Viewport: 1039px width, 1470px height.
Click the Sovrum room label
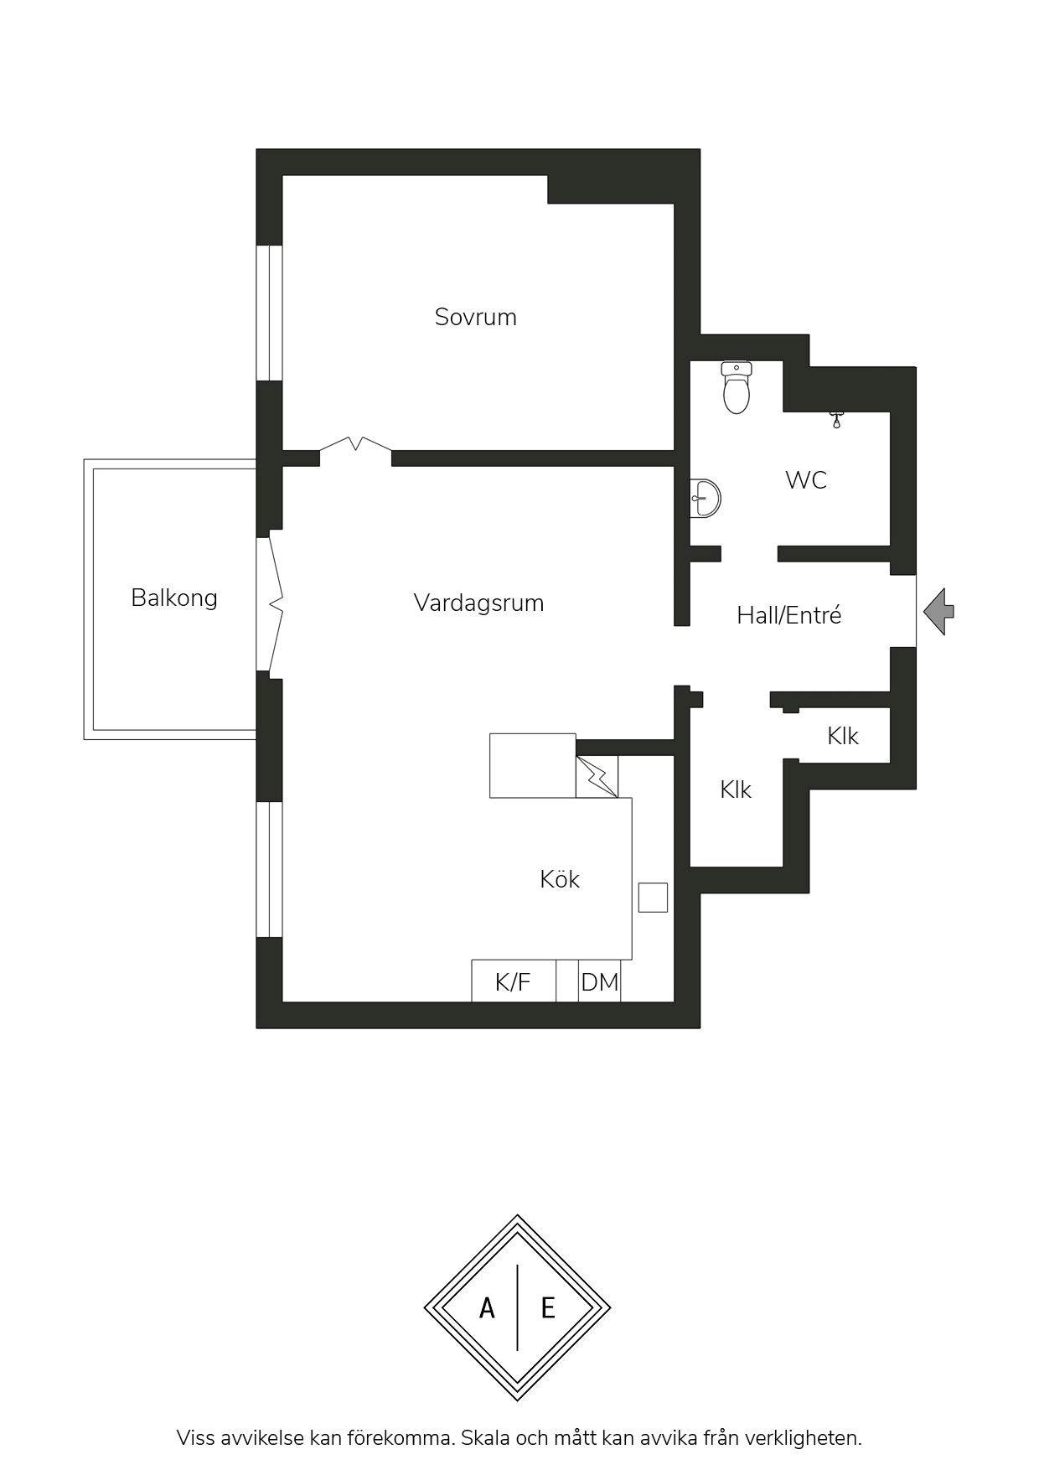pos(475,317)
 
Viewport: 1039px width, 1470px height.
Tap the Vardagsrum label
pos(478,603)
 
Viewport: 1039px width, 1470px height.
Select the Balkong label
pos(174,598)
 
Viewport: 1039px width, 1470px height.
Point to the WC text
pos(806,480)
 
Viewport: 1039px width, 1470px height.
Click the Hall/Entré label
pos(788,615)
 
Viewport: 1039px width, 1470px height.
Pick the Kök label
pos(560,878)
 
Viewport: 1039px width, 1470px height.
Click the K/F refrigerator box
pos(514,981)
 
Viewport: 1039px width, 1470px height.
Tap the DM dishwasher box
pos(600,981)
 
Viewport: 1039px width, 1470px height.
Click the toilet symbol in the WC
pos(737,387)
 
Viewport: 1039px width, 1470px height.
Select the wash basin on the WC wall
pos(706,498)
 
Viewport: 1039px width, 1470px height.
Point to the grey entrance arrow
pos(938,611)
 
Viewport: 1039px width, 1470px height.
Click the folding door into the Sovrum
pos(355,445)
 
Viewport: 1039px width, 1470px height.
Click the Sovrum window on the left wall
pos(269,313)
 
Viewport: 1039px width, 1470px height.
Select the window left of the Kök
pos(269,869)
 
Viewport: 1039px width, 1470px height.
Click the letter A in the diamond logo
pos(487,1307)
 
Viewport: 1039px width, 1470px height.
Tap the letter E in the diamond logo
pos(548,1307)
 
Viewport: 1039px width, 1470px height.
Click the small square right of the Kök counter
pos(653,897)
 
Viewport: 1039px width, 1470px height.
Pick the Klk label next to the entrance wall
pos(843,736)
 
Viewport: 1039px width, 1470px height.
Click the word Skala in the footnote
pos(485,1438)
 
